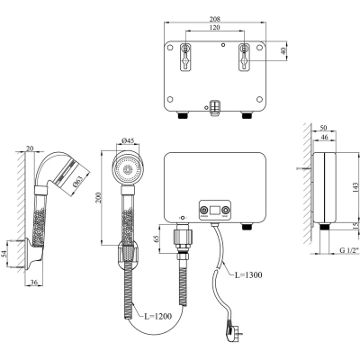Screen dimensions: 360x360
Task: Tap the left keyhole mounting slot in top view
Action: click(x=185, y=55)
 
